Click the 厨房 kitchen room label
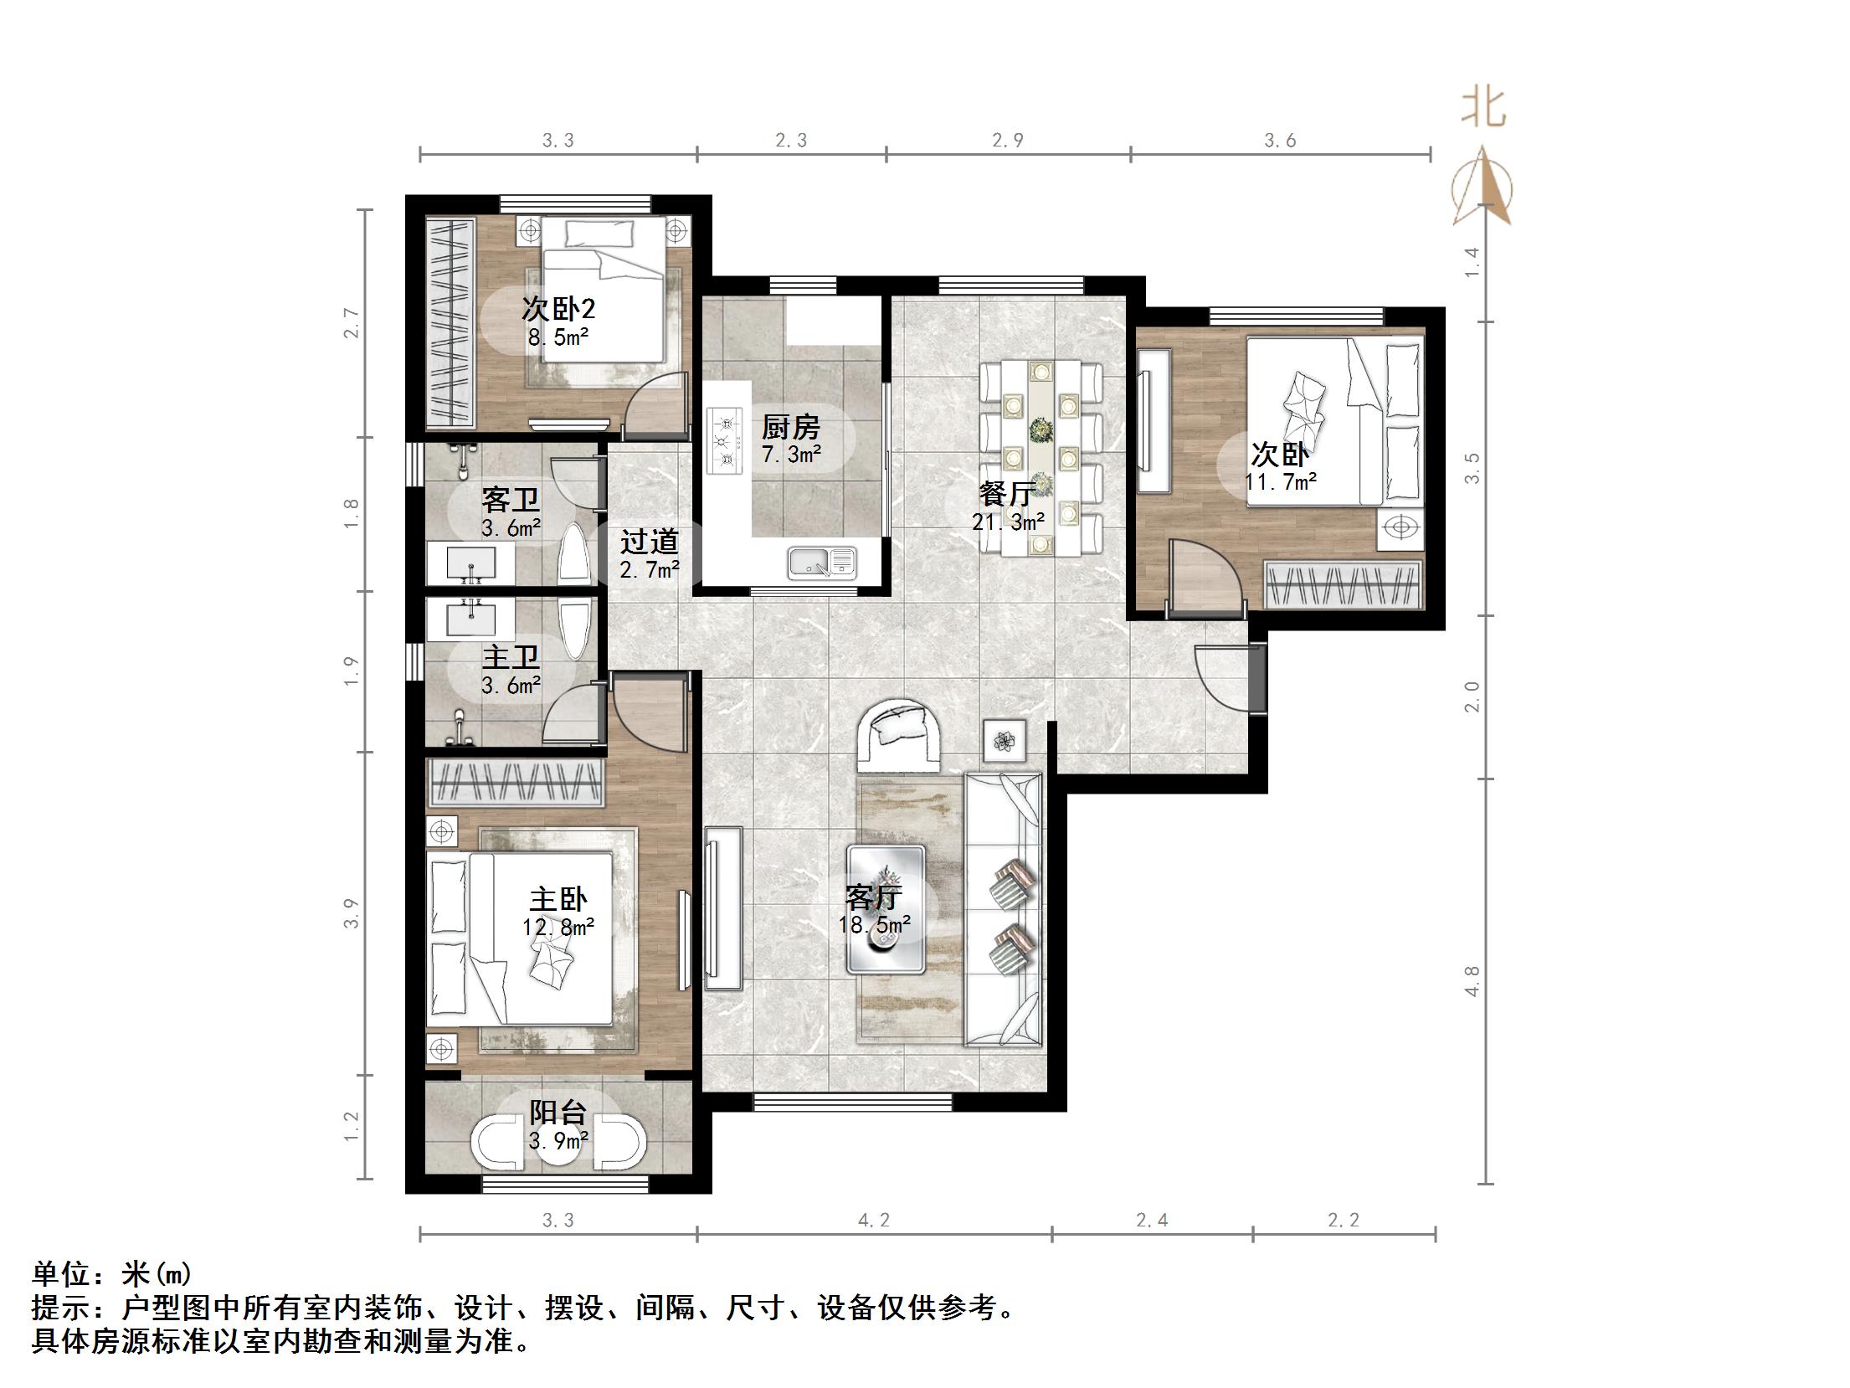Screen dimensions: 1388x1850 click(789, 428)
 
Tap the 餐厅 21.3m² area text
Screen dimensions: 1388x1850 click(1008, 522)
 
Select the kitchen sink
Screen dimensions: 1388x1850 click(821, 563)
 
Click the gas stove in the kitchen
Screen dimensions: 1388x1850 click(725, 440)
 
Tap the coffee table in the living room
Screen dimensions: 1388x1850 click(886, 909)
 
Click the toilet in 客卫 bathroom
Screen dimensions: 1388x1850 click(574, 554)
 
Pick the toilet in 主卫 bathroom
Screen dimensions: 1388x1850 click(575, 628)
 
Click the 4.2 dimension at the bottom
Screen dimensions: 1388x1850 click(873, 1221)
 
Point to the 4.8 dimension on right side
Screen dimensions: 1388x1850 click(1472, 981)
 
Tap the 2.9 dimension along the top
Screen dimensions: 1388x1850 click(1008, 141)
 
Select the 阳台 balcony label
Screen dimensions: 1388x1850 click(558, 1113)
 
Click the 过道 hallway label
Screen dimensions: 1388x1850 click(649, 542)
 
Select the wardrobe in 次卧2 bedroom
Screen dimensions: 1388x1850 click(450, 321)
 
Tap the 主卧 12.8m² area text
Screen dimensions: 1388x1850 click(558, 927)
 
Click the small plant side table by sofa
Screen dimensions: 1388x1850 click(1004, 740)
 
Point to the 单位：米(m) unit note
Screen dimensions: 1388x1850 click(112, 1275)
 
